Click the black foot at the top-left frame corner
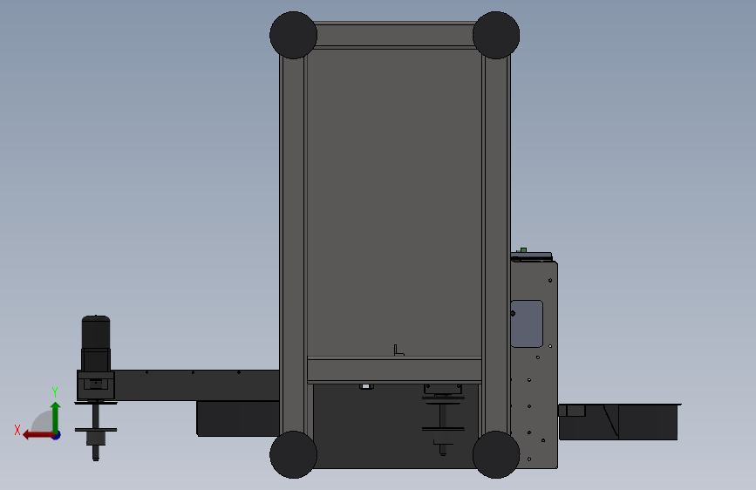(x=293, y=35)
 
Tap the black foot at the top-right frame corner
(x=496, y=35)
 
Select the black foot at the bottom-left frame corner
(x=293, y=455)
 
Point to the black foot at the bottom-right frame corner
(x=496, y=455)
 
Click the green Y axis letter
(x=55, y=392)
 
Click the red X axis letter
(x=17, y=430)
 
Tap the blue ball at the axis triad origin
(x=57, y=435)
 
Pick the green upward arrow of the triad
(x=56, y=417)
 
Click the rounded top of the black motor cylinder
(x=96, y=319)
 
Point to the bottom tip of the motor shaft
(x=95, y=459)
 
